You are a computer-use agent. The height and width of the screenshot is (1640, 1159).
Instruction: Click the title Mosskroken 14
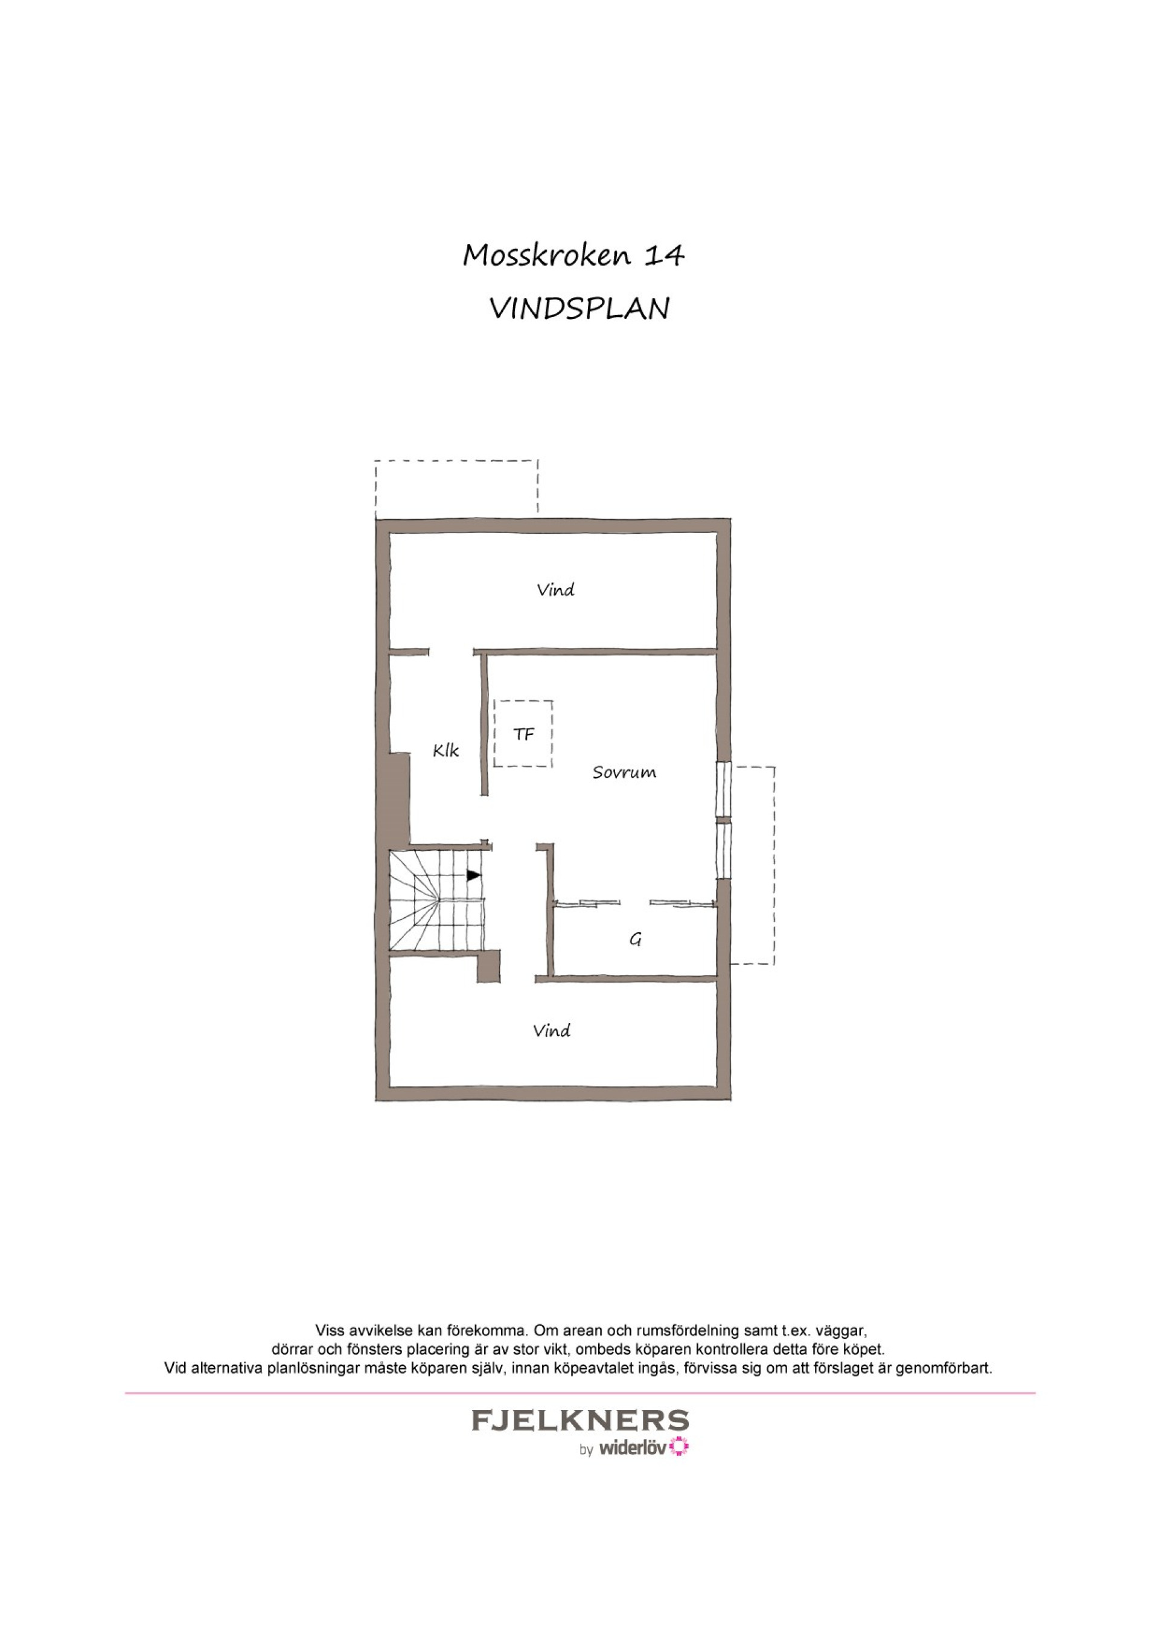point(573,255)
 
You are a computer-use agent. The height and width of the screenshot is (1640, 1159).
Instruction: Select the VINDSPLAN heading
point(579,309)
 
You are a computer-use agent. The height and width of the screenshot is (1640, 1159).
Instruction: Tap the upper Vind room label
point(555,590)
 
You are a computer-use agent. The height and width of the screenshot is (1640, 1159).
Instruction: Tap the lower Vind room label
point(551,1031)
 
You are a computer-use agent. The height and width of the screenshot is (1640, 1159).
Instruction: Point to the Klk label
point(445,750)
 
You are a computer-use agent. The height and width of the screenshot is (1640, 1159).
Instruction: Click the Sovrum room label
point(624,772)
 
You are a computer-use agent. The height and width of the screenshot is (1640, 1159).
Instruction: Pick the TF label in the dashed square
point(523,734)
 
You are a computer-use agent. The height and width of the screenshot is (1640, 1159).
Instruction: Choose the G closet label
point(635,940)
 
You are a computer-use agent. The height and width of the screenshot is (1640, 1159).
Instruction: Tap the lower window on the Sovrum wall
point(724,851)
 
